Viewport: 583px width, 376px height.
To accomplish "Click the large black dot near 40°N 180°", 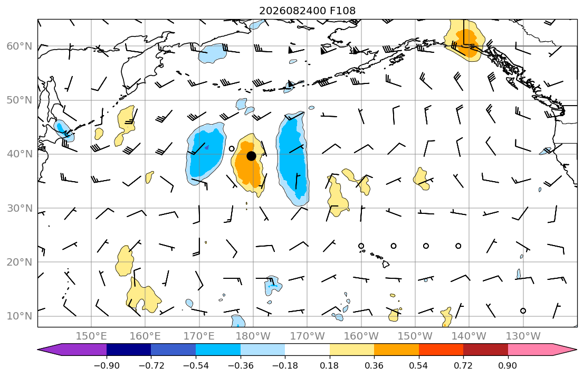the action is (251, 156).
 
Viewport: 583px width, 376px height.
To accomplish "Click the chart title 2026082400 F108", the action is (307, 11).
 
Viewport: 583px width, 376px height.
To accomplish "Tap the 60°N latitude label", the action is (20, 46).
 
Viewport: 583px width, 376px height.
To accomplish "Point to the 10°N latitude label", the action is (20, 316).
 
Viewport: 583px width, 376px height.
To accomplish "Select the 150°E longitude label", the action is (91, 336).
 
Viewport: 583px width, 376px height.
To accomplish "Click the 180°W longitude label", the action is (253, 336).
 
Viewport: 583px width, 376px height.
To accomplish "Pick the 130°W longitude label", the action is (523, 336).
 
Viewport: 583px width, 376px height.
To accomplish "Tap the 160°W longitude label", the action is (361, 336).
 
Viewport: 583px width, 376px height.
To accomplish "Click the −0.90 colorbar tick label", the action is (107, 365).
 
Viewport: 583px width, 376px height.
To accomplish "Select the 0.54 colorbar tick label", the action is (419, 365).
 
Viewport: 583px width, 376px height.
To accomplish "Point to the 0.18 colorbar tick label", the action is (329, 365).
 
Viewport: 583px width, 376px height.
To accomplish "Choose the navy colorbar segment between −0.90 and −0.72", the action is (129, 350).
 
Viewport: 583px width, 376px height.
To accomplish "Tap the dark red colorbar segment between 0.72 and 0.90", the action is (485, 350).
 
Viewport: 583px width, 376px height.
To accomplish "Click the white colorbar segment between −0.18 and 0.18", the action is (307, 350).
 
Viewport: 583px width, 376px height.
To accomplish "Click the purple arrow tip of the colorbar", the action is (39, 350).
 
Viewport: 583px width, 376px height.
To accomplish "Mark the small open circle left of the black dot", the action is (232, 148).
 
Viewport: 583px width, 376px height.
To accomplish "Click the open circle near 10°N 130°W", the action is (523, 311).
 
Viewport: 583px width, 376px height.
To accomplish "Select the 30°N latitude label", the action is (20, 208).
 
